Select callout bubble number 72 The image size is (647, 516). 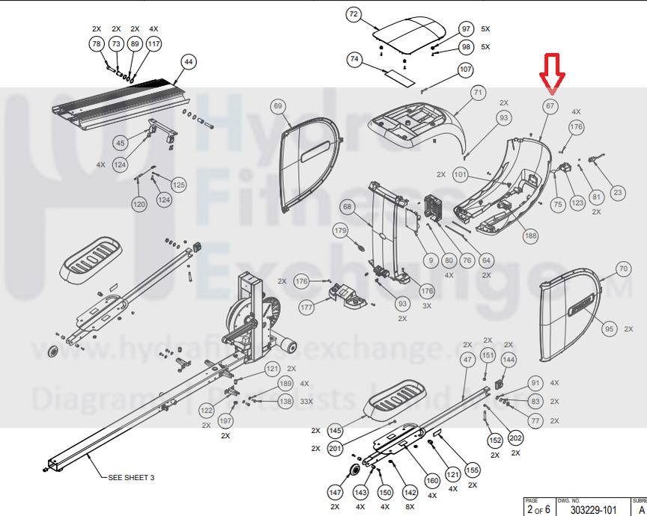[354, 14]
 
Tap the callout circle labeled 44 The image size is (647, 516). [188, 62]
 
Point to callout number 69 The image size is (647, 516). [279, 107]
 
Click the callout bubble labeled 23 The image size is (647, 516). [617, 192]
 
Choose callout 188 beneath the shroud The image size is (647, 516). [530, 236]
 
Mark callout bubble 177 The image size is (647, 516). [306, 307]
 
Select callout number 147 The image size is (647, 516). [336, 492]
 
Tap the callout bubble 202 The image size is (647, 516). [515, 438]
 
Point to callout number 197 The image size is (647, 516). [225, 422]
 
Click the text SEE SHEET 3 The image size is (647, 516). [132, 476]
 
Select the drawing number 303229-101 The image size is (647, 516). [593, 509]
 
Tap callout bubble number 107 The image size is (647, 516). [466, 70]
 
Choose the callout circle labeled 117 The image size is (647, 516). [154, 45]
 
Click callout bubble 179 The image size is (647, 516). [341, 231]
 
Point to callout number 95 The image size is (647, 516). [609, 329]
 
